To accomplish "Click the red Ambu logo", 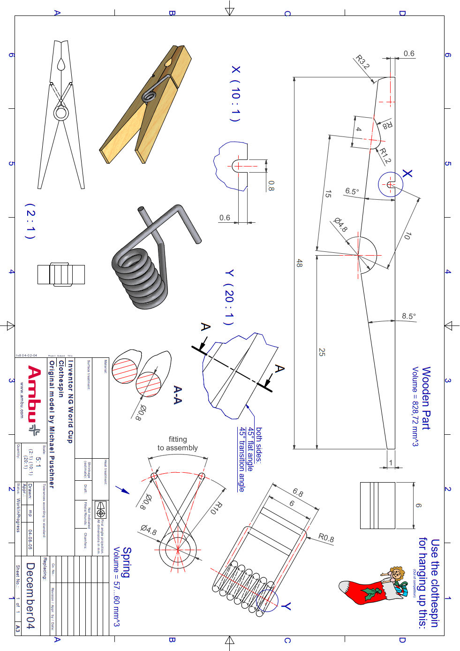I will click(x=34, y=400).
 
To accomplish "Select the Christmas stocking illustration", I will click(x=373, y=589).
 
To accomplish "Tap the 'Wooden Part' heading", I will click(x=426, y=398).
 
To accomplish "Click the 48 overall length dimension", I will click(x=299, y=263).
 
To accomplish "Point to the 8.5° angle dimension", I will click(x=408, y=316).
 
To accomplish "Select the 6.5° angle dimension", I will click(x=352, y=191).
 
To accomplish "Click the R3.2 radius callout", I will click(x=362, y=62).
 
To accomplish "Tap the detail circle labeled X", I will click(x=390, y=184).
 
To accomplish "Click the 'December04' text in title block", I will click(x=30, y=596).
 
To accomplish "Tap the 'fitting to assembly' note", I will click(x=178, y=444).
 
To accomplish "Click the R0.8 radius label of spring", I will click(x=326, y=537).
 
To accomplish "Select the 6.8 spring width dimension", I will click(x=298, y=492).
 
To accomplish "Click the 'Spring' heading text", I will click(x=127, y=562).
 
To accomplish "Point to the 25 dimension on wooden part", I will click(x=322, y=352).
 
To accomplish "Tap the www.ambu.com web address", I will click(x=22, y=400).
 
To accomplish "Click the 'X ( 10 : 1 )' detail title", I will click(x=235, y=93).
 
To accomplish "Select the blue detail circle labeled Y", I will click(x=267, y=601).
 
